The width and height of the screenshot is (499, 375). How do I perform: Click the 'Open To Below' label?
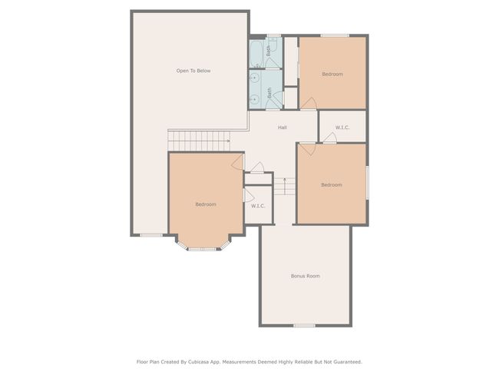(x=193, y=71)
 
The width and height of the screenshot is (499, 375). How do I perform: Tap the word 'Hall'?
(x=283, y=128)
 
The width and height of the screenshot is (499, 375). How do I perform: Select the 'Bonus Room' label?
(x=306, y=276)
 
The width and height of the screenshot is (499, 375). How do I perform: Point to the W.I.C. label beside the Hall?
(x=342, y=128)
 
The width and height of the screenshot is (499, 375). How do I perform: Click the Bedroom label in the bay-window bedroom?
(x=206, y=204)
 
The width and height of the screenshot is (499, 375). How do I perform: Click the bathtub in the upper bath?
(x=256, y=54)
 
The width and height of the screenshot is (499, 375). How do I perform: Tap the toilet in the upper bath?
(x=274, y=43)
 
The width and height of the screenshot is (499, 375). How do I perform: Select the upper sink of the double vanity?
(x=254, y=78)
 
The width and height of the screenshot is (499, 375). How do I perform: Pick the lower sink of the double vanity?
(x=254, y=100)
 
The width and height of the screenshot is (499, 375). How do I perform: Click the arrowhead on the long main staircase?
(x=229, y=141)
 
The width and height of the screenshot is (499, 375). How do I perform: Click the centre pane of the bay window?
(x=203, y=249)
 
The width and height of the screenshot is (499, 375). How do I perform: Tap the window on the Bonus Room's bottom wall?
(x=304, y=325)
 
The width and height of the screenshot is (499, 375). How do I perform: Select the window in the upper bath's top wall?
(x=274, y=35)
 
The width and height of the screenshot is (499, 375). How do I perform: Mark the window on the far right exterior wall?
(x=367, y=183)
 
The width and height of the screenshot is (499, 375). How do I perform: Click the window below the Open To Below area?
(x=151, y=235)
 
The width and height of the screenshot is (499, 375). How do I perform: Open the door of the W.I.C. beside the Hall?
(x=330, y=138)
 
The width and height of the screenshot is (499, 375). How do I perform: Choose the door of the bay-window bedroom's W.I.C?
(x=249, y=195)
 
